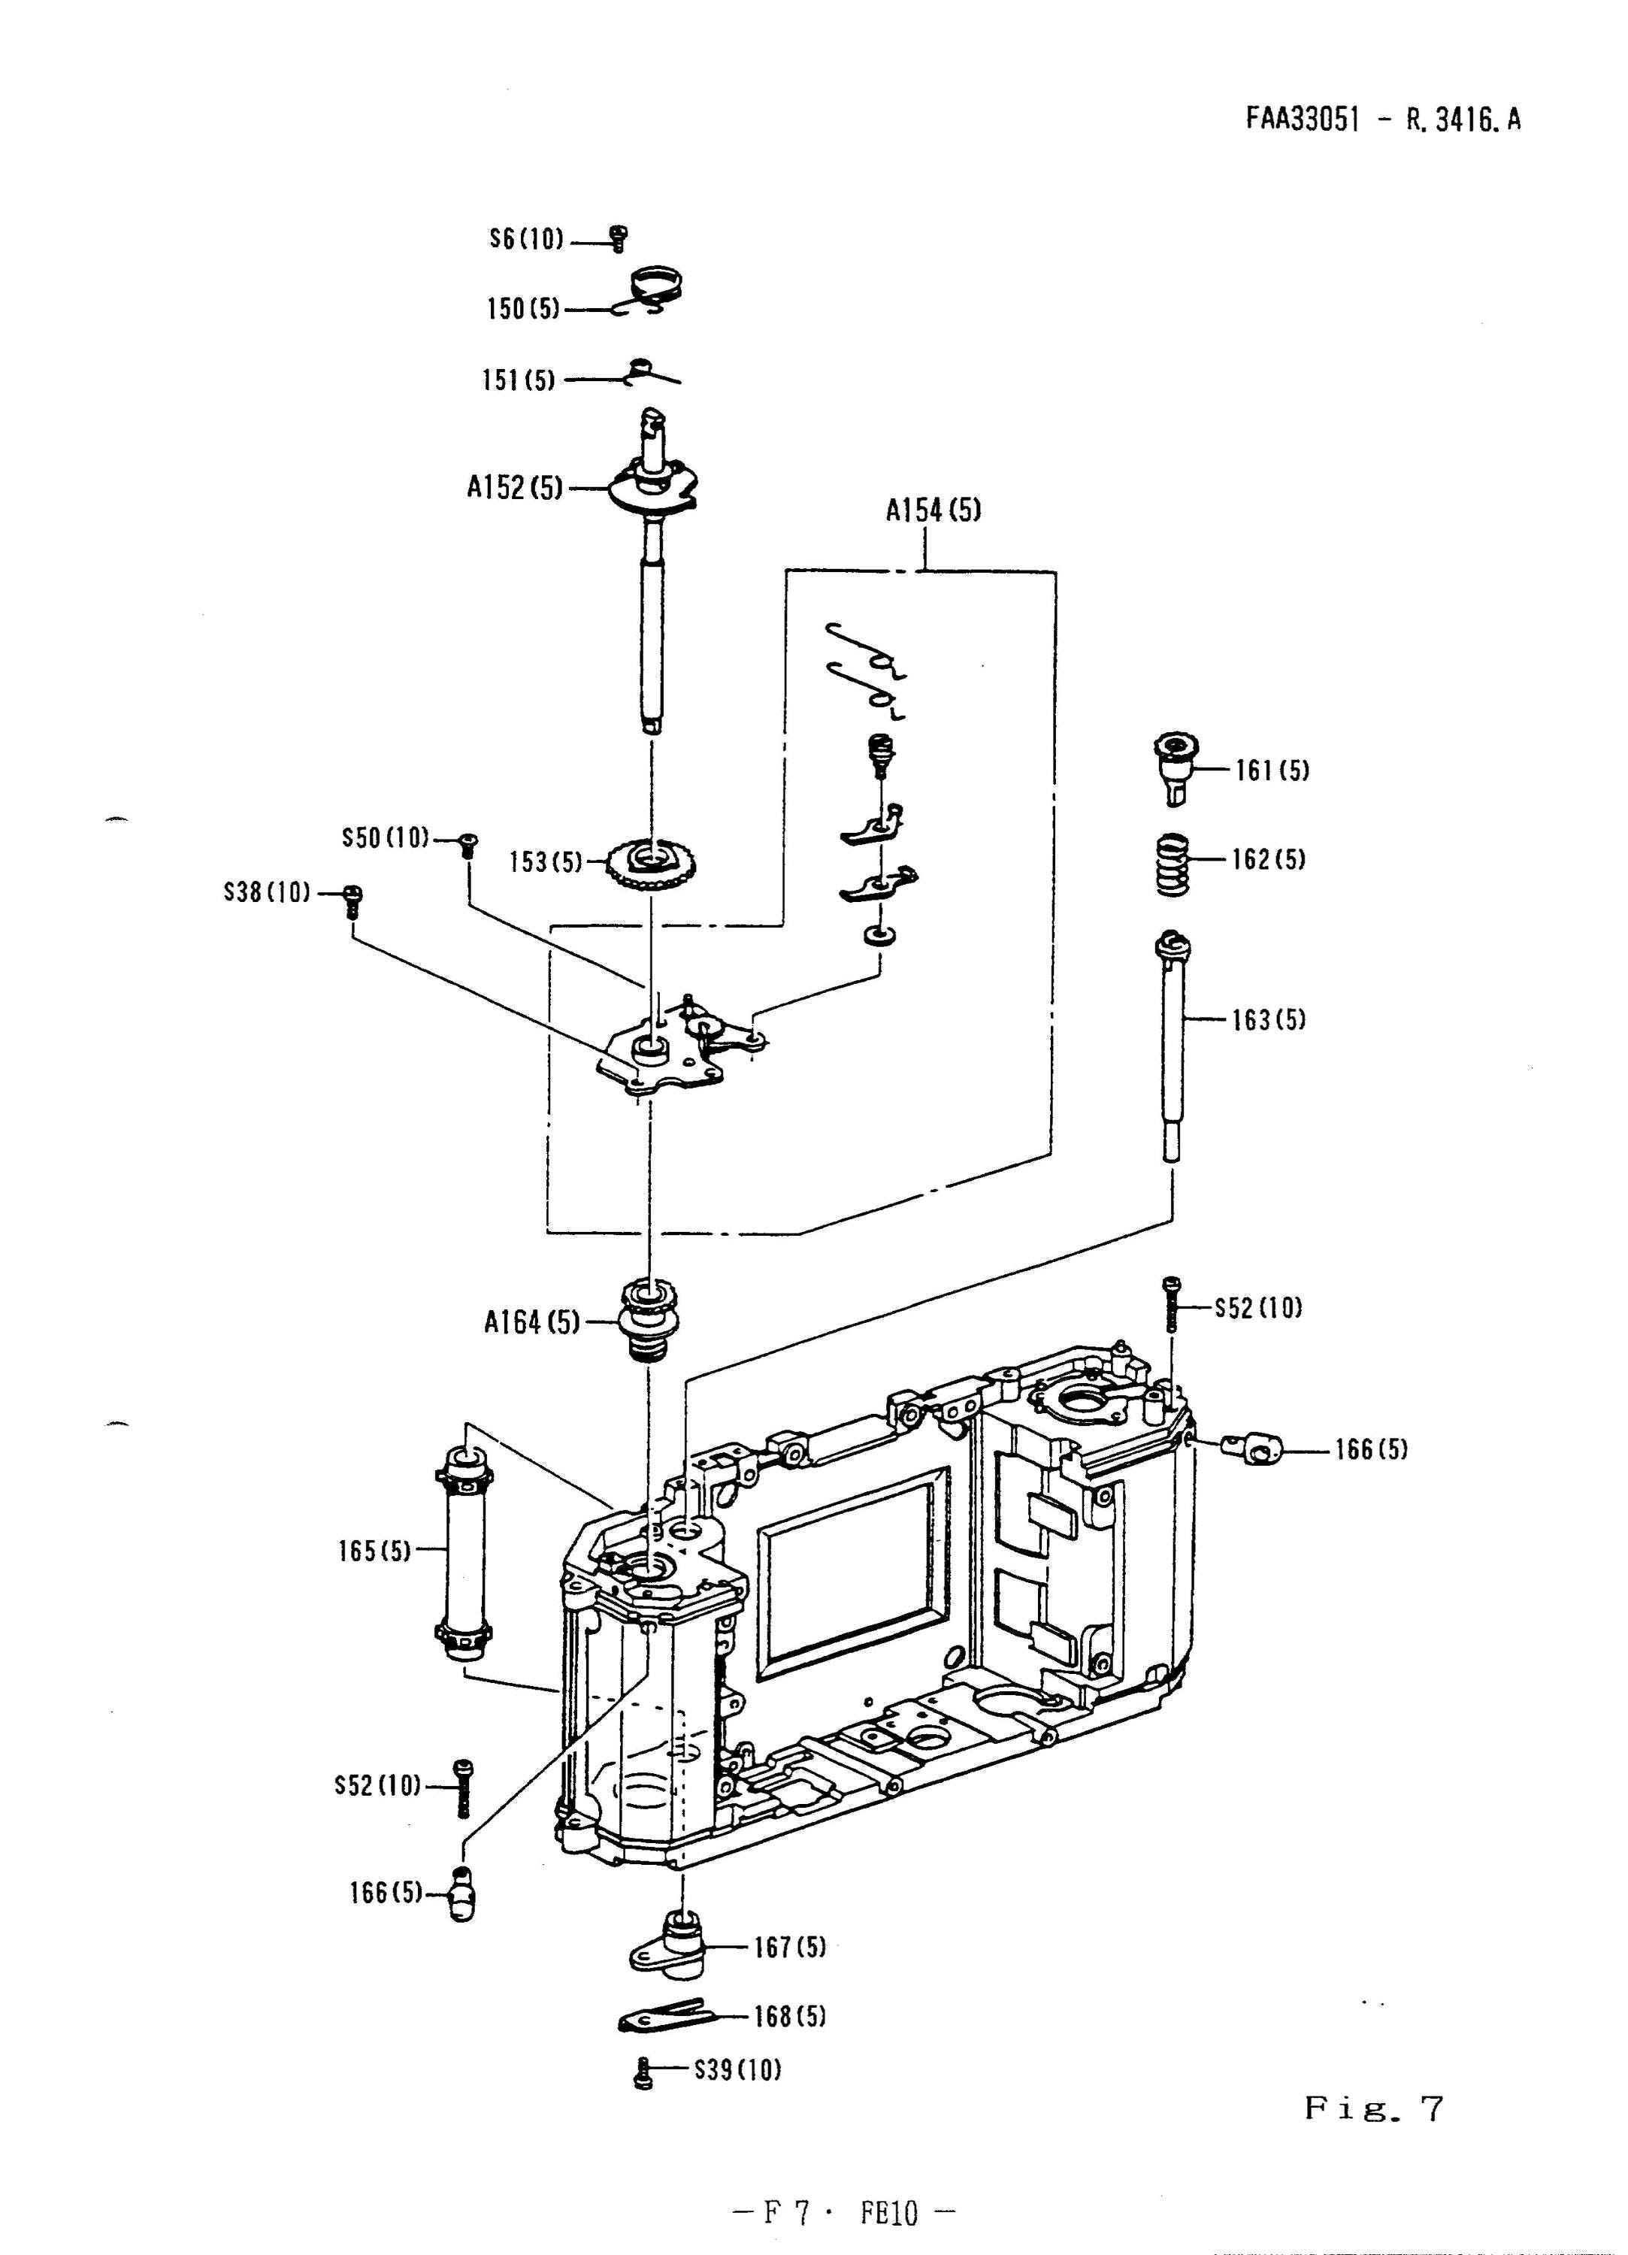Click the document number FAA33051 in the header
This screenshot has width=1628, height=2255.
[x=1301, y=120]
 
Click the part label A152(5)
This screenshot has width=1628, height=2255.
[x=514, y=488]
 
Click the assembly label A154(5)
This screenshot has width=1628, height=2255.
[x=933, y=511]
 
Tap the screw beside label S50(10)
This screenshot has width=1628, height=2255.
[x=468, y=845]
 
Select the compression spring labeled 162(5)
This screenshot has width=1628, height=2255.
[x=1173, y=863]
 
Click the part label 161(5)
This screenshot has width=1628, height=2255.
[x=1272, y=770]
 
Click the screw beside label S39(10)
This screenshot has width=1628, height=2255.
[x=643, y=2073]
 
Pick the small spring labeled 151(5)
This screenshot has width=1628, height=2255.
[x=652, y=373]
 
